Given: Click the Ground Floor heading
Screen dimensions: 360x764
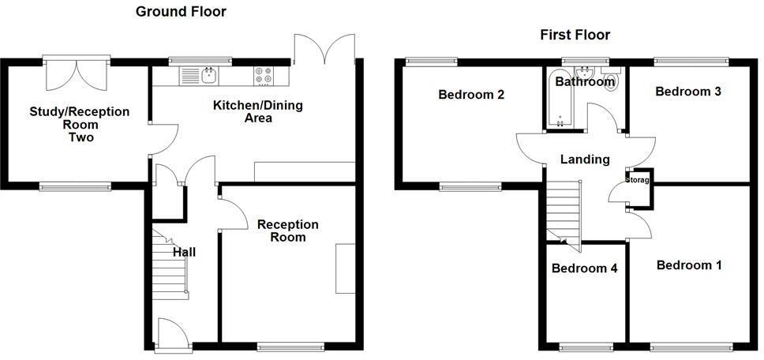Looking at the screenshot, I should pyautogui.click(x=181, y=12).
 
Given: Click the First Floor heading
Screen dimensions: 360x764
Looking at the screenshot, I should pyautogui.click(x=575, y=35).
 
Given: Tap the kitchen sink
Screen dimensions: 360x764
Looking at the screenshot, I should pyautogui.click(x=208, y=75).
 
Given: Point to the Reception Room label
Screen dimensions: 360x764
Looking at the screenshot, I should pyautogui.click(x=288, y=231).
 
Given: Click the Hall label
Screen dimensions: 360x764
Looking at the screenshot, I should pyautogui.click(x=184, y=252).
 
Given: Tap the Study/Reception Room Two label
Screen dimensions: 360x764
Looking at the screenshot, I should pyautogui.click(x=80, y=124).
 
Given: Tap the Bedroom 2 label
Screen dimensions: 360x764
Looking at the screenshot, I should pyautogui.click(x=471, y=95).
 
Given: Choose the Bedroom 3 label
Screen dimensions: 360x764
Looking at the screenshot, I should pyautogui.click(x=688, y=92).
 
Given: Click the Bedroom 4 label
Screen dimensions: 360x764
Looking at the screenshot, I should pyautogui.click(x=584, y=268).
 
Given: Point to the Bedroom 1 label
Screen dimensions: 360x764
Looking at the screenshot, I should pyautogui.click(x=689, y=265).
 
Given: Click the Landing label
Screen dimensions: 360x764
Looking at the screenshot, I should pyautogui.click(x=585, y=159).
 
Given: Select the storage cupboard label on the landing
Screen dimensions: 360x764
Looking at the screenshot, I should pyautogui.click(x=638, y=180).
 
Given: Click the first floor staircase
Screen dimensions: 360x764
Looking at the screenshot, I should pyautogui.click(x=564, y=209).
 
